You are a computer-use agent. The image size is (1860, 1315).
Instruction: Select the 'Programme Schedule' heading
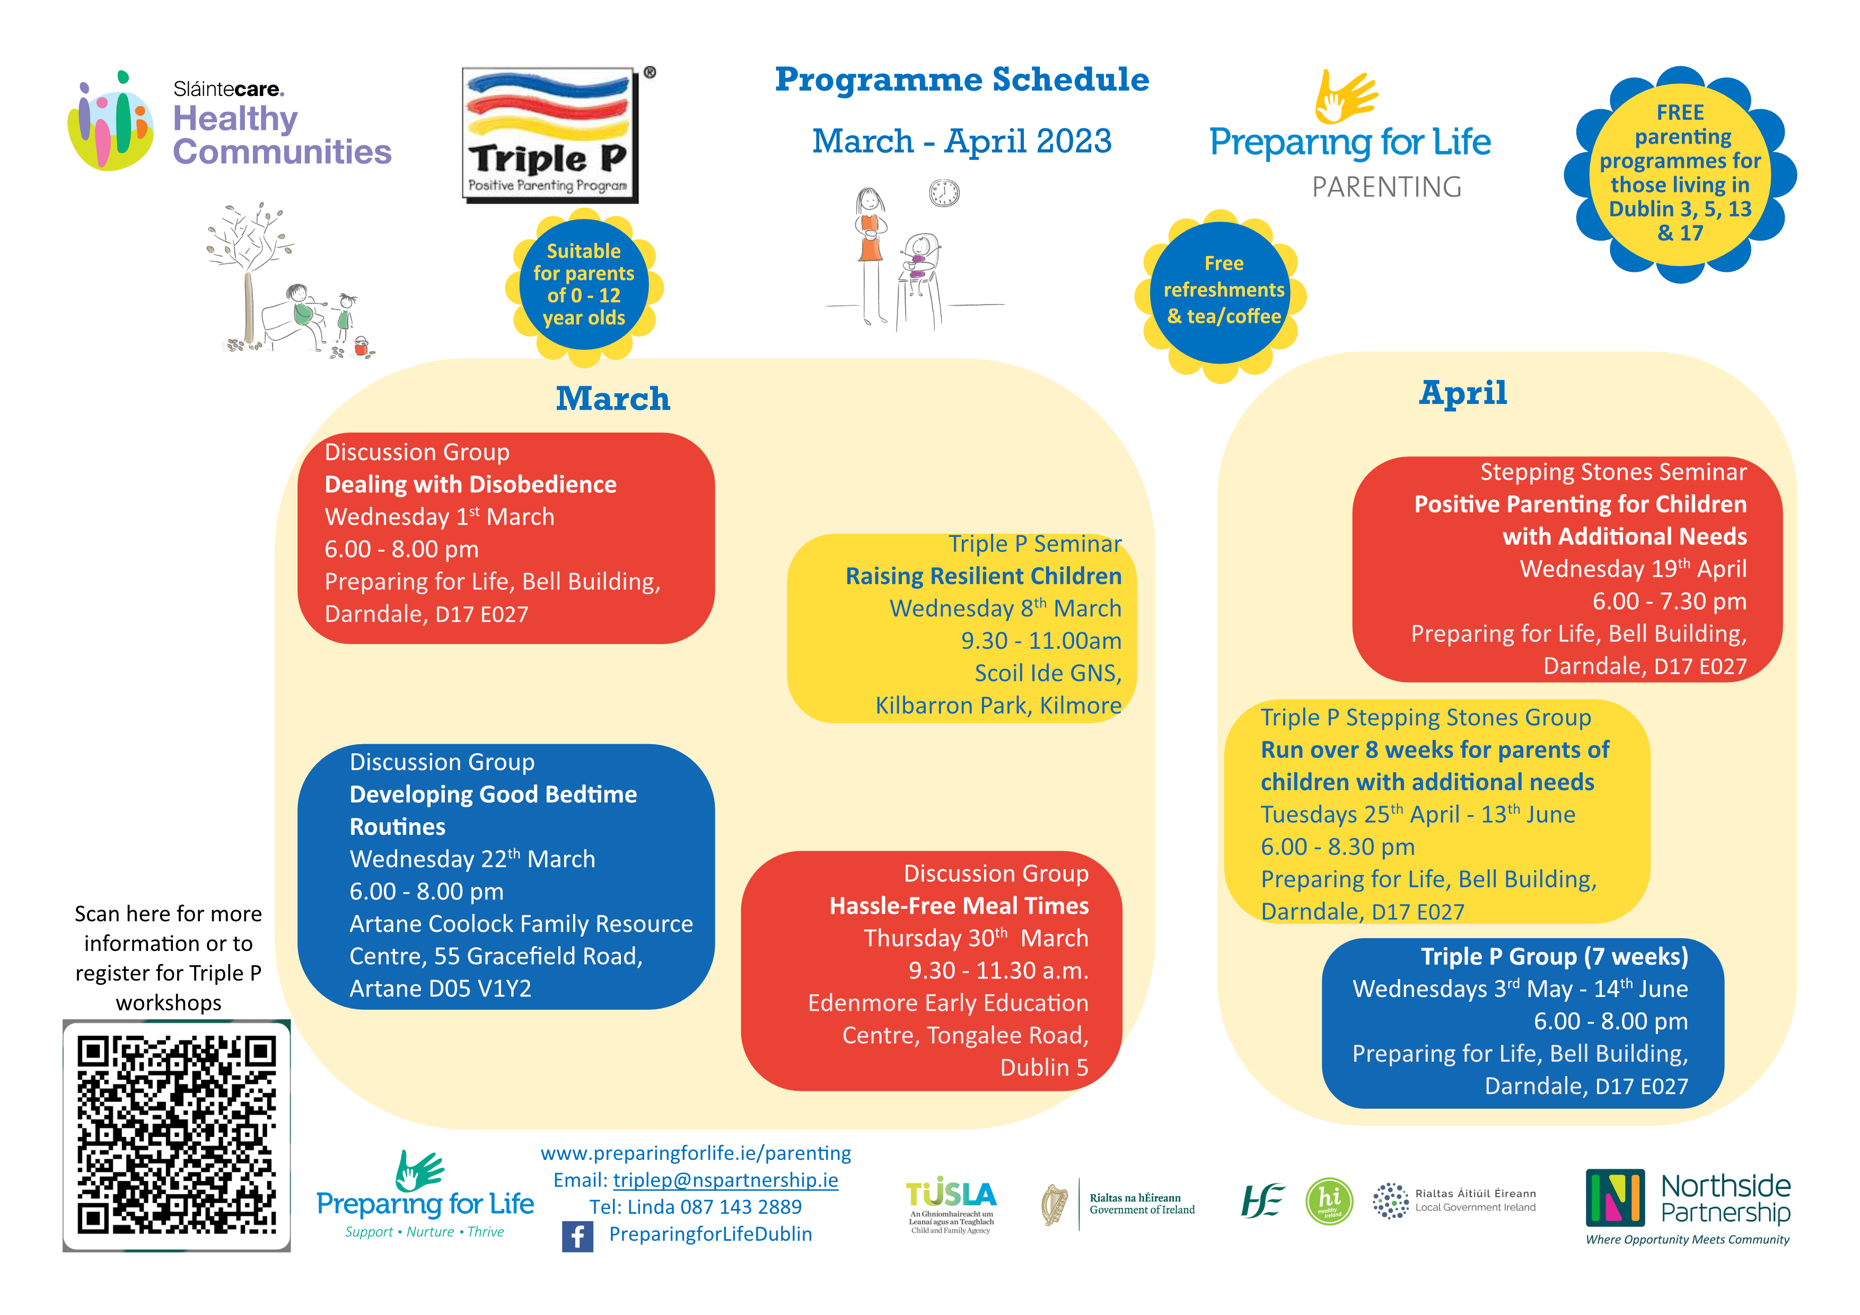[962, 80]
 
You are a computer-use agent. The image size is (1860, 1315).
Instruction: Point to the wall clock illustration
[944, 193]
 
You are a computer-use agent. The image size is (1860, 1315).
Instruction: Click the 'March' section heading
[613, 399]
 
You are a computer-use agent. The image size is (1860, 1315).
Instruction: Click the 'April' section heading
[1463, 393]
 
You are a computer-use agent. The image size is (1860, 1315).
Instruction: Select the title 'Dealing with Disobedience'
[471, 484]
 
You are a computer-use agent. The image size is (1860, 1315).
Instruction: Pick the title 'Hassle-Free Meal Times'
[959, 905]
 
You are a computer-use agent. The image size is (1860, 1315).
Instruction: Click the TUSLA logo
[951, 1203]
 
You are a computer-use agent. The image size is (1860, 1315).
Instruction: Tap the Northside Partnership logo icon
[1615, 1197]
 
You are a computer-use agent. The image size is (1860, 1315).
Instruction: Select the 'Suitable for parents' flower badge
[584, 285]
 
